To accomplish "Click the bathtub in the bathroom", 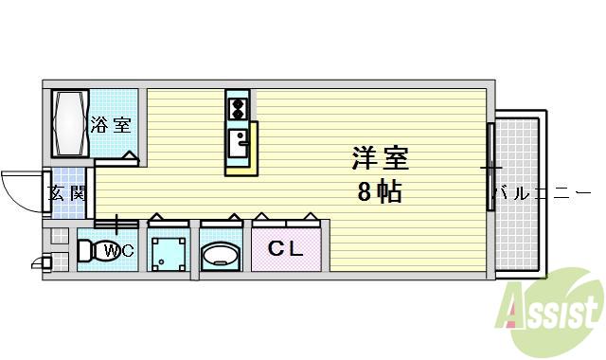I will (69, 124).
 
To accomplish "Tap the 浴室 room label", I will (111, 124).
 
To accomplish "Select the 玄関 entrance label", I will (67, 194).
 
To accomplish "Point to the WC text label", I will (118, 251).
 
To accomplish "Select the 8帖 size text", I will (379, 192).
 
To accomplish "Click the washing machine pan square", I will (169, 253).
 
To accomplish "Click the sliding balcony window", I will (490, 168).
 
